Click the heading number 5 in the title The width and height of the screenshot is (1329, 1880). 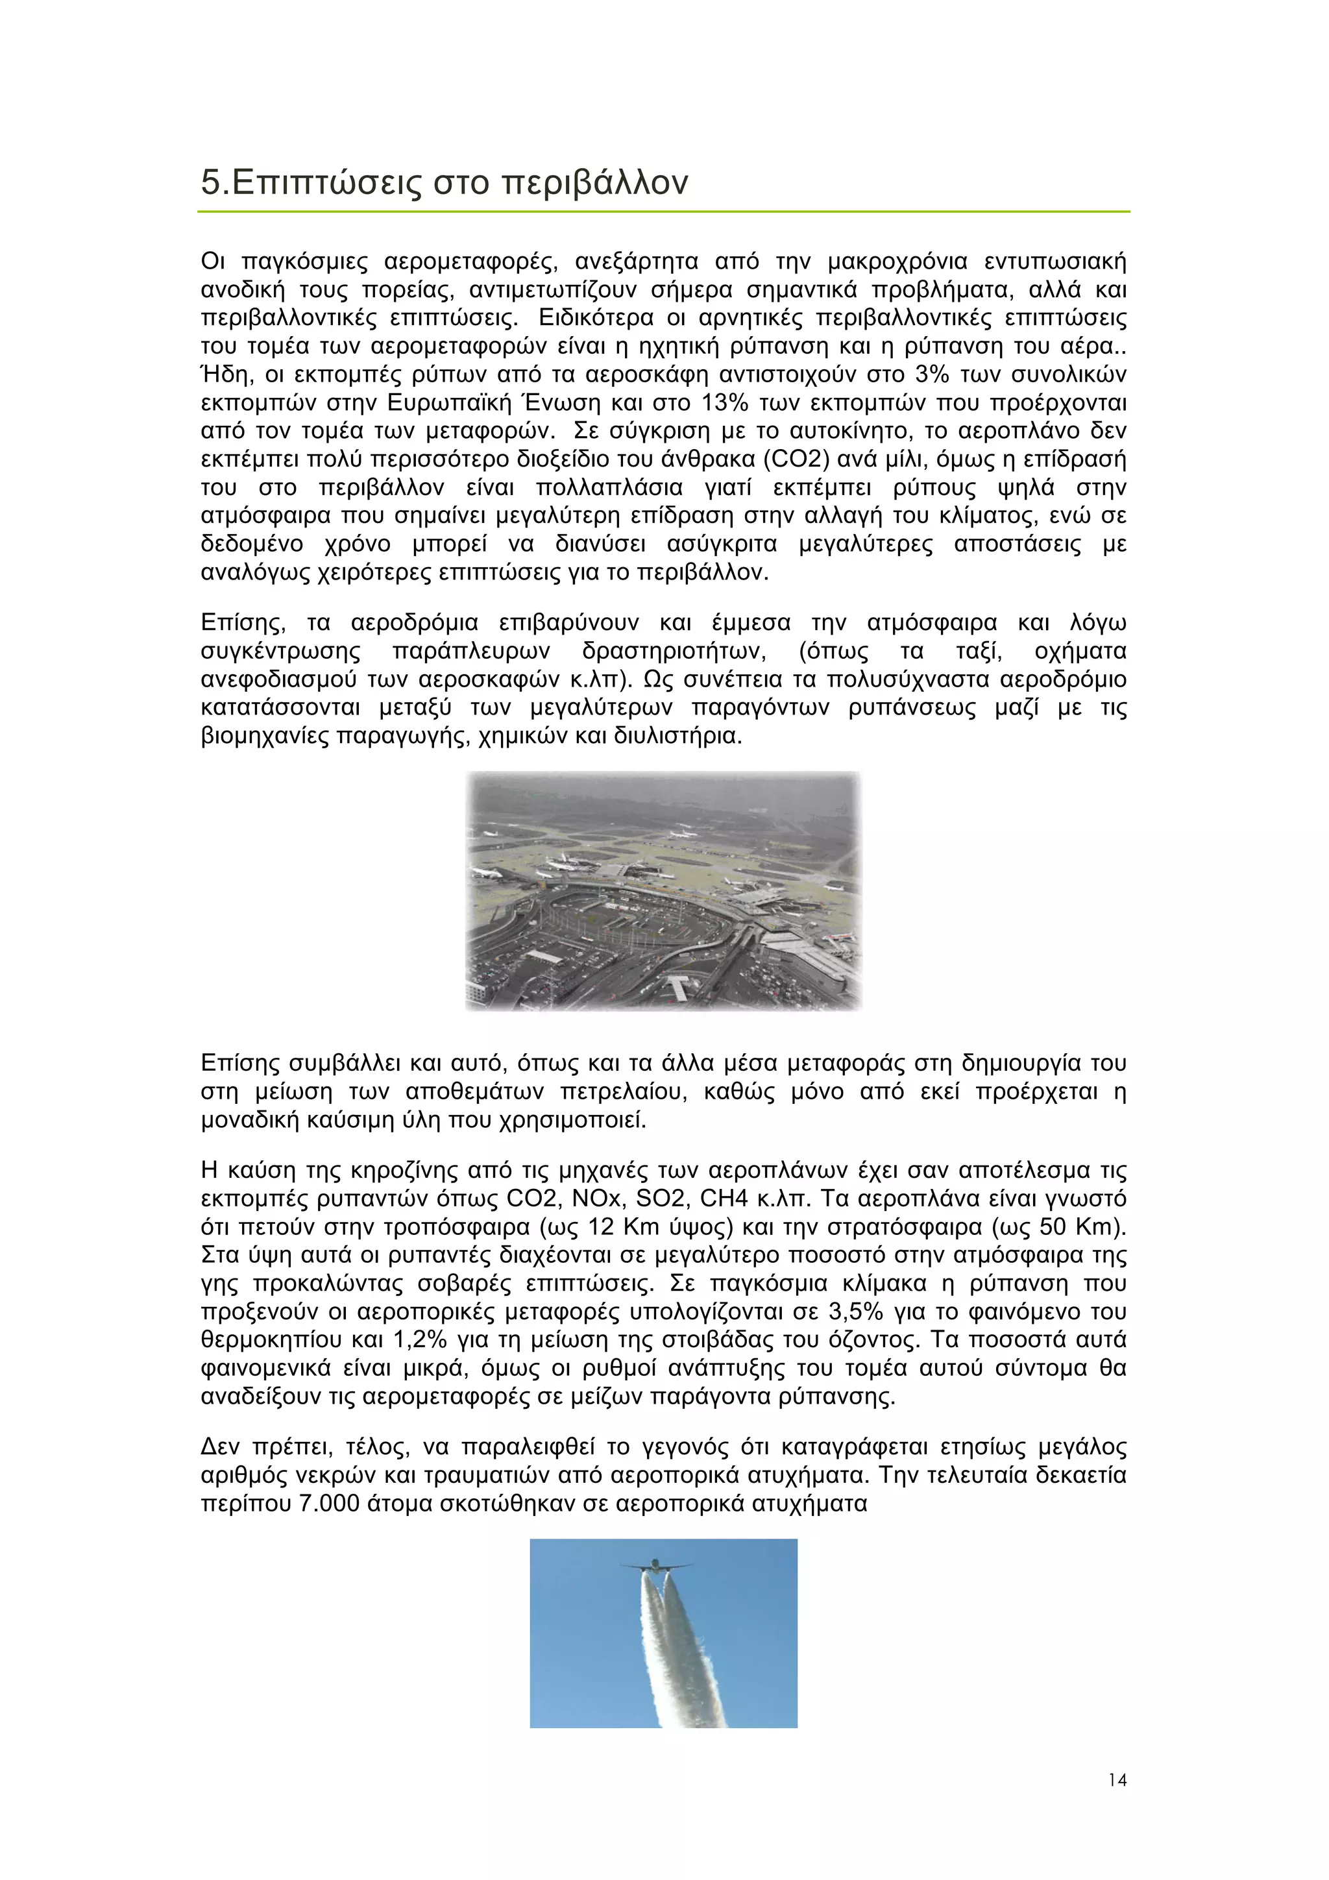212,182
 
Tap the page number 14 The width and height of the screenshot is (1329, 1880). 1117,1779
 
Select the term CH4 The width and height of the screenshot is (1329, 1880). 724,1199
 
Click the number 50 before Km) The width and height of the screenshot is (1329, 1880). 1053,1227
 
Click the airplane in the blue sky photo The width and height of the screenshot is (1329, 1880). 655,1565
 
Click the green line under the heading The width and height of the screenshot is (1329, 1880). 663,212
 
